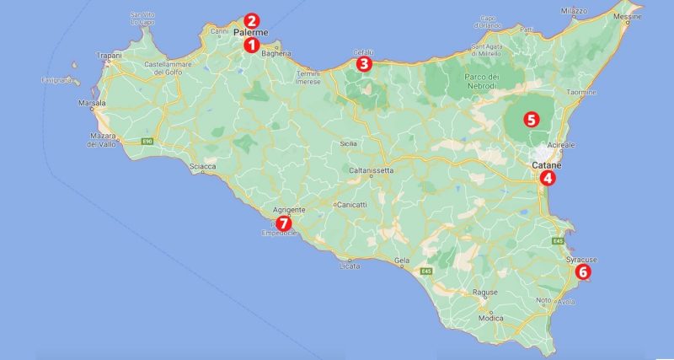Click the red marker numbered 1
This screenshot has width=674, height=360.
[x=250, y=45]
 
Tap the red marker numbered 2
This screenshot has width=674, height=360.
[x=250, y=20]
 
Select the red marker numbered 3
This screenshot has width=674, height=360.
[x=363, y=63]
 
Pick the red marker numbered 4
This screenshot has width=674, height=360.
[x=548, y=178]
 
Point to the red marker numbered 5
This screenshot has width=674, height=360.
[x=531, y=119]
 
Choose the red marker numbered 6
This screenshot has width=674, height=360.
[x=582, y=271]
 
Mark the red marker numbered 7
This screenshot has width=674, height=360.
[x=284, y=223]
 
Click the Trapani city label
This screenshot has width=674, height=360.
[x=110, y=56]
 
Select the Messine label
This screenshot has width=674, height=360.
[x=650, y=16]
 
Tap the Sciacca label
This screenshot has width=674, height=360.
[x=204, y=166]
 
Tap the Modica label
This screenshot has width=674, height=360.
[x=490, y=318]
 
